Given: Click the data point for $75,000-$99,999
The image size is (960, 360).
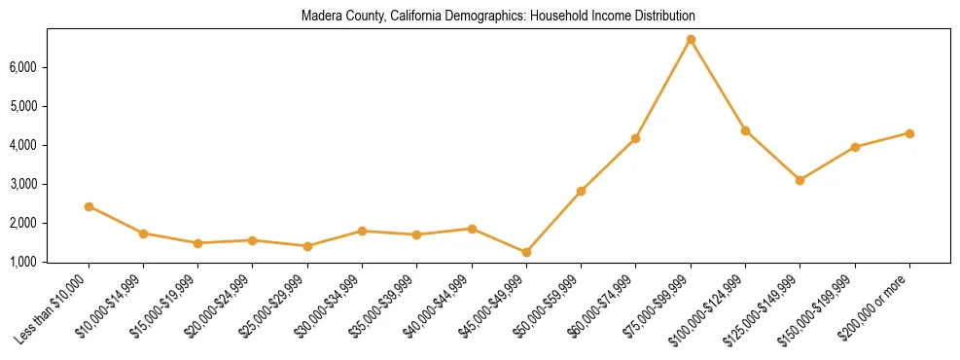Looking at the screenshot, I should tap(691, 40).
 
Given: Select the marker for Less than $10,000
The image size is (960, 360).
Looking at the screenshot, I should tap(89, 206).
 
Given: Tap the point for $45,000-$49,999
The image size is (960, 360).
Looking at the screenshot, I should tap(526, 252).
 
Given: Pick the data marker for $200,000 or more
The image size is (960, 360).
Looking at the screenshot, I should tap(909, 133).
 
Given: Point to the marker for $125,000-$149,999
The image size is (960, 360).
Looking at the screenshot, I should tap(800, 180).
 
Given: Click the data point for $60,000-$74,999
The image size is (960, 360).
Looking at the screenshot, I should tap(635, 138).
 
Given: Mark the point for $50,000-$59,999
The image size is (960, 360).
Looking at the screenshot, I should tap(581, 191).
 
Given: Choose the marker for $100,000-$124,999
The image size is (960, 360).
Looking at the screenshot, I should tap(745, 130).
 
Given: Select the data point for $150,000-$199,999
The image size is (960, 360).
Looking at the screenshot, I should tap(855, 147).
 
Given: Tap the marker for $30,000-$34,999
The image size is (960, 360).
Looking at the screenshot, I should tap(362, 231).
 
